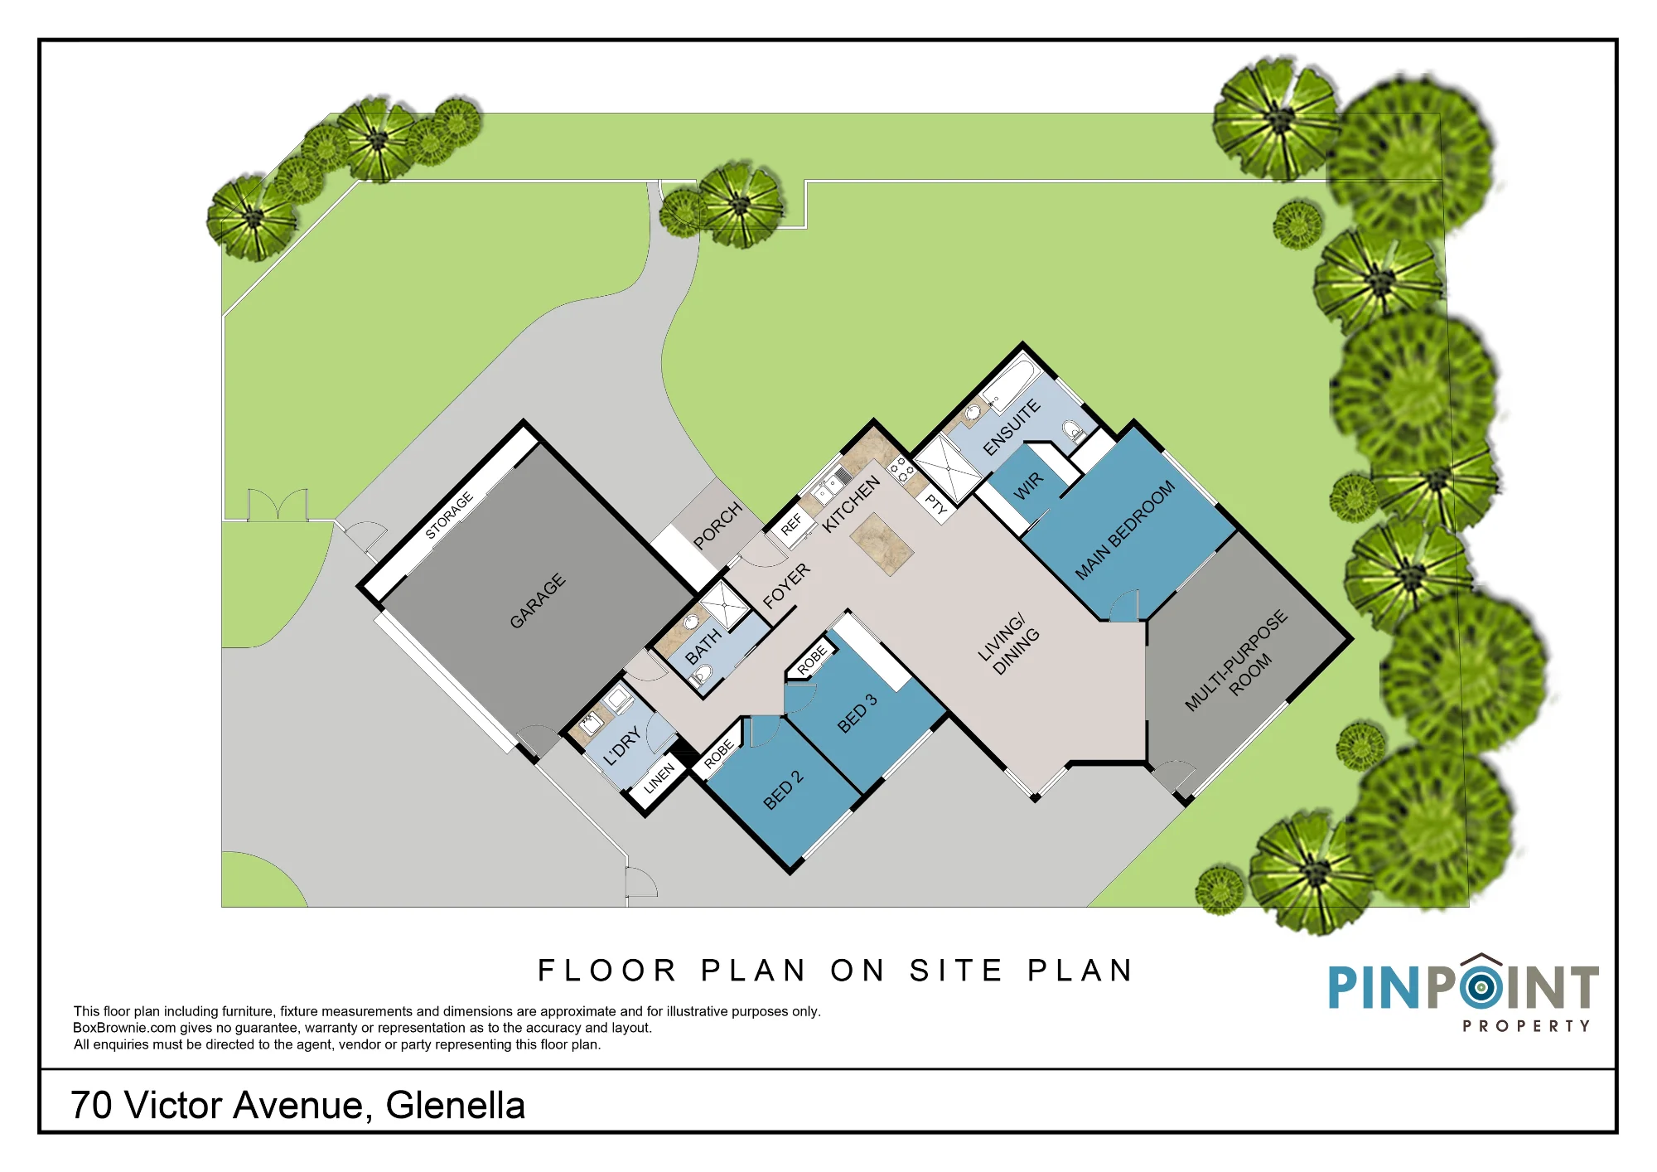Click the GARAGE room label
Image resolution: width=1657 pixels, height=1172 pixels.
[538, 600]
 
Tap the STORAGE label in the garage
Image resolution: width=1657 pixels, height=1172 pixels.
[449, 515]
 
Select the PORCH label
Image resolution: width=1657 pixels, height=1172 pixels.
[717, 525]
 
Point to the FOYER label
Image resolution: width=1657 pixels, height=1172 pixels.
[786, 585]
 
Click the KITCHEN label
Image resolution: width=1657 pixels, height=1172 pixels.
[851, 504]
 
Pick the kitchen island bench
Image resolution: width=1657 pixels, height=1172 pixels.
[882, 544]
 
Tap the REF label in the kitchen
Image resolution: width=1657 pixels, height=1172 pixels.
[791, 524]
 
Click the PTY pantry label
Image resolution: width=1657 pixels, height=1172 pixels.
[936, 503]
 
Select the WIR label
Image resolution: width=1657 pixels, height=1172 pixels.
[1028, 486]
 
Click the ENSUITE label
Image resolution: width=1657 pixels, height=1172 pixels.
[1012, 427]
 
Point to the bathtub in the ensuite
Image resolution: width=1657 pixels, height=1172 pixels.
[1008, 385]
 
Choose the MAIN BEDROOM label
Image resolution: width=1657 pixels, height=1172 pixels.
[1125, 530]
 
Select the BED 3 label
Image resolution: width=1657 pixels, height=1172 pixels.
[857, 713]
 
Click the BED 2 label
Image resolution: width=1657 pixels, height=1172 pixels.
[783, 789]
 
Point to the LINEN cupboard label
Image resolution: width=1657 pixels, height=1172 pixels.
[659, 779]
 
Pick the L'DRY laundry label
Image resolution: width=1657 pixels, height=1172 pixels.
[622, 746]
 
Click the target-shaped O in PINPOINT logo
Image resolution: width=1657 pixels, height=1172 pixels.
[1481, 986]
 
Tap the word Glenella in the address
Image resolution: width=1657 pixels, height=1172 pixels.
[456, 1106]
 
